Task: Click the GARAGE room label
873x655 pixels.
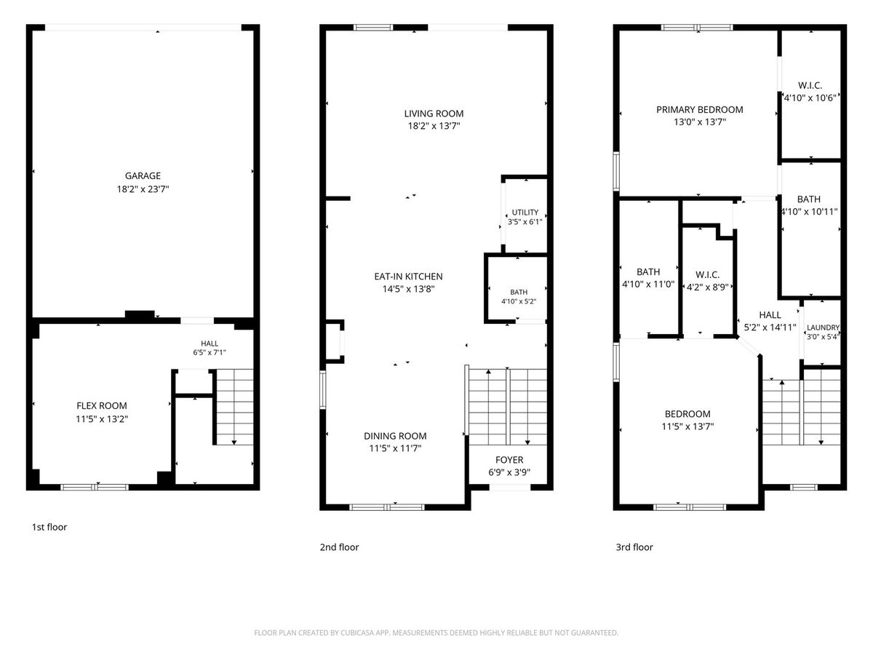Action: (x=143, y=176)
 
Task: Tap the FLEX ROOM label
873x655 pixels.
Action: (x=102, y=405)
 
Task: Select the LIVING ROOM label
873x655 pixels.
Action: (x=434, y=114)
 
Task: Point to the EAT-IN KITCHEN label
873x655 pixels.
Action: (x=408, y=277)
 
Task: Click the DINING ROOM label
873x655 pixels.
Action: (x=395, y=436)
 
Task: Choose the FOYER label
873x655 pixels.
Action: (x=509, y=460)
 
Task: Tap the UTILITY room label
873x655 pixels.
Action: (x=525, y=213)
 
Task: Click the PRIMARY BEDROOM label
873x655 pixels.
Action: (x=700, y=110)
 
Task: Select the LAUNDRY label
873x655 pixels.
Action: (x=823, y=327)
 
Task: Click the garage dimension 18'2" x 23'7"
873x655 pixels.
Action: (x=143, y=189)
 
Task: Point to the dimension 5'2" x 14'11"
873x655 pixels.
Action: (x=770, y=327)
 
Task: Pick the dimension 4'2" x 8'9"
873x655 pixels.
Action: (x=708, y=287)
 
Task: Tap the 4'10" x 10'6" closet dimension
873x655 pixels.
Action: (x=810, y=98)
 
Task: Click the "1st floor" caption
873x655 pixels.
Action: (x=49, y=528)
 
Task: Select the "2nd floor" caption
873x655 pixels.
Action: (x=339, y=547)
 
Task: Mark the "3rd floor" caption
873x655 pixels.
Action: (x=634, y=547)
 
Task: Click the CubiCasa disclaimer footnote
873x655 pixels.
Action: (x=436, y=632)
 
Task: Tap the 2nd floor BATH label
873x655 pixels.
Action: (x=519, y=293)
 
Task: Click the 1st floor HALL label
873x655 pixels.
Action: (x=210, y=344)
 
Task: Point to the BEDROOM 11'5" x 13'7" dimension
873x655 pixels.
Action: (x=687, y=426)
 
